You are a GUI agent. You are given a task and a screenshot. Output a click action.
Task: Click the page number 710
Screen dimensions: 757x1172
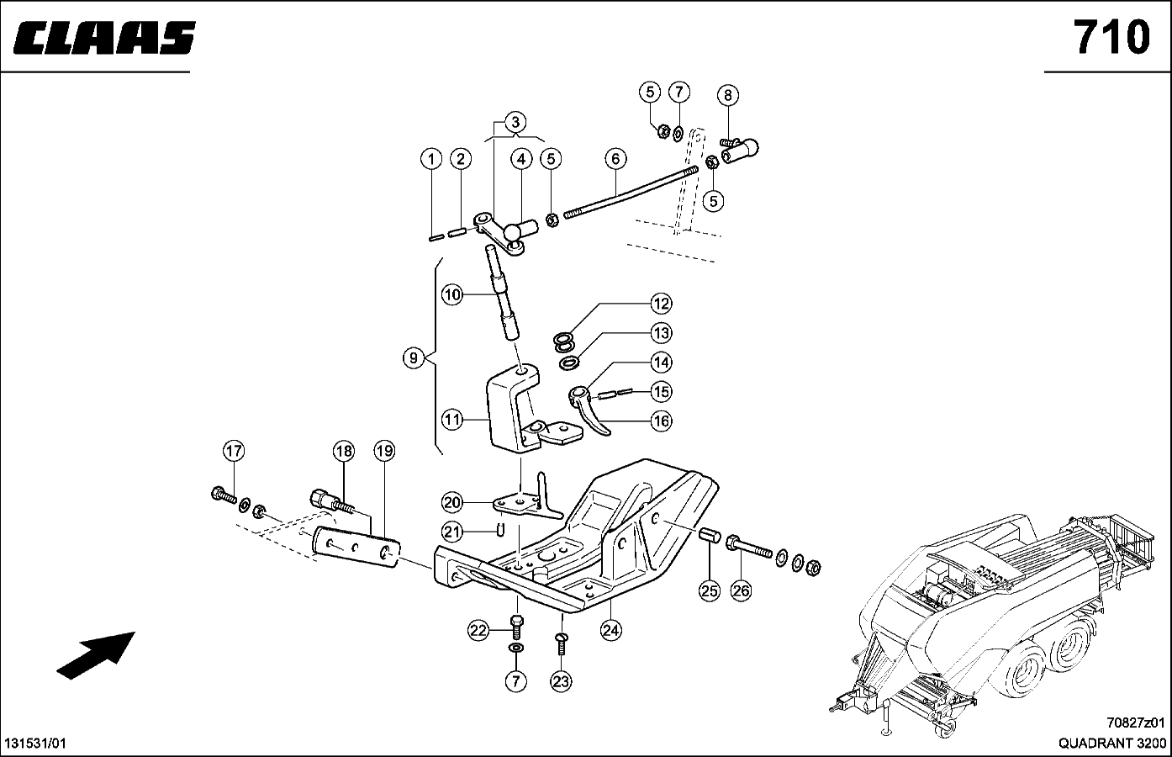1110,37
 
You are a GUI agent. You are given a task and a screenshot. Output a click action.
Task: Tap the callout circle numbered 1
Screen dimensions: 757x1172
431,159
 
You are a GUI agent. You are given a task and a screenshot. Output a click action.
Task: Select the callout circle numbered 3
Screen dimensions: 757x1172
515,121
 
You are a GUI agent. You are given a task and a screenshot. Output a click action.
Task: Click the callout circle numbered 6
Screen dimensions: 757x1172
615,159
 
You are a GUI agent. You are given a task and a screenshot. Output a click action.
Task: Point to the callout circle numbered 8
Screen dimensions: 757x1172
728,95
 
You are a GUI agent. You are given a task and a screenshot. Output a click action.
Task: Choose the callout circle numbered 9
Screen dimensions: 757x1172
413,358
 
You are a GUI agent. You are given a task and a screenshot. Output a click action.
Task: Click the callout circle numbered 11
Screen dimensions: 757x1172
453,419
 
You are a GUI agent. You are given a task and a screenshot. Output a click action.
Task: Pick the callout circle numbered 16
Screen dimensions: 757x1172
662,421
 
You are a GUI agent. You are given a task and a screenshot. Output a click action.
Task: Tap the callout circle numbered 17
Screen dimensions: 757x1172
233,452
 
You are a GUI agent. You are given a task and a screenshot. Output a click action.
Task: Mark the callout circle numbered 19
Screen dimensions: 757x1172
384,452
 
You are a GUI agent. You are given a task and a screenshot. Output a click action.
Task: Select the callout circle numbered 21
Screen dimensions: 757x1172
453,532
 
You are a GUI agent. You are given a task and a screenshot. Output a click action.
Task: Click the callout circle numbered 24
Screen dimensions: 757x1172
610,628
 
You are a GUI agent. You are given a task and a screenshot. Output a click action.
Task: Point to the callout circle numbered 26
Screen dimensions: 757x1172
741,590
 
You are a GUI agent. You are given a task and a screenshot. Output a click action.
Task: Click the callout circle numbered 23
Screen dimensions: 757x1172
561,681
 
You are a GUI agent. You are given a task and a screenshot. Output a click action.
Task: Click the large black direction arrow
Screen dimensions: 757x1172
96,654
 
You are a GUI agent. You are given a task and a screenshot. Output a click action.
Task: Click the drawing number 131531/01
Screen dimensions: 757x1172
36,744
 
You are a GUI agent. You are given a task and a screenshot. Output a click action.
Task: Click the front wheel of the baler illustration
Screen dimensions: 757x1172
1032,675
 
